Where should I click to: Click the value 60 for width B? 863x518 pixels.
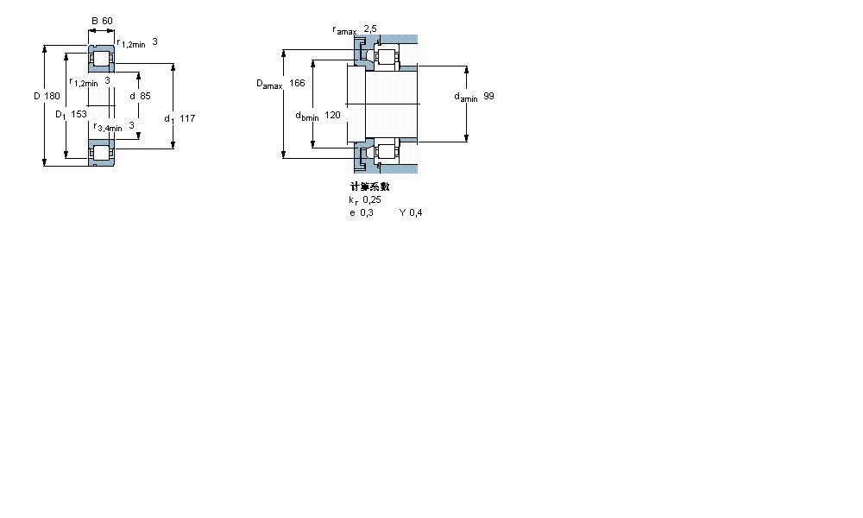click(108, 22)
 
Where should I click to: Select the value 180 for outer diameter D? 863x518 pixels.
click(52, 96)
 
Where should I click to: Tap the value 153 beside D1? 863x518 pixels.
click(80, 114)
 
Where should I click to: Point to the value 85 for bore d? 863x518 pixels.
click(145, 96)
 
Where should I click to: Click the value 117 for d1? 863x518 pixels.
click(187, 117)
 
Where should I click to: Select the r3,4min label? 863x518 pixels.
click(108, 127)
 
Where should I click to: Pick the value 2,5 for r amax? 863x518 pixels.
click(370, 29)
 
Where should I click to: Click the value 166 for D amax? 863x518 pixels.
click(297, 83)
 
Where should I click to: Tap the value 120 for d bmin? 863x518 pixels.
click(332, 115)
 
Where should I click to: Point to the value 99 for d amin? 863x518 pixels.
click(488, 97)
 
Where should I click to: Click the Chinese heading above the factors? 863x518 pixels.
click(369, 186)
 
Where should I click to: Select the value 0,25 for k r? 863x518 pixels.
click(372, 199)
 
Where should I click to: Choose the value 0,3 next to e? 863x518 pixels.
click(367, 212)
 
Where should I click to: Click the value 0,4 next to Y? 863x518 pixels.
click(416, 212)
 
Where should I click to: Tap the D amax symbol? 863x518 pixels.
click(269, 84)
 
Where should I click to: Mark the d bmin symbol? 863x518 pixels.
click(307, 116)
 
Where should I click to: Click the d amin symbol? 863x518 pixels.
click(465, 98)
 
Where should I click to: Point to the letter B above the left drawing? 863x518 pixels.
click(94, 22)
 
